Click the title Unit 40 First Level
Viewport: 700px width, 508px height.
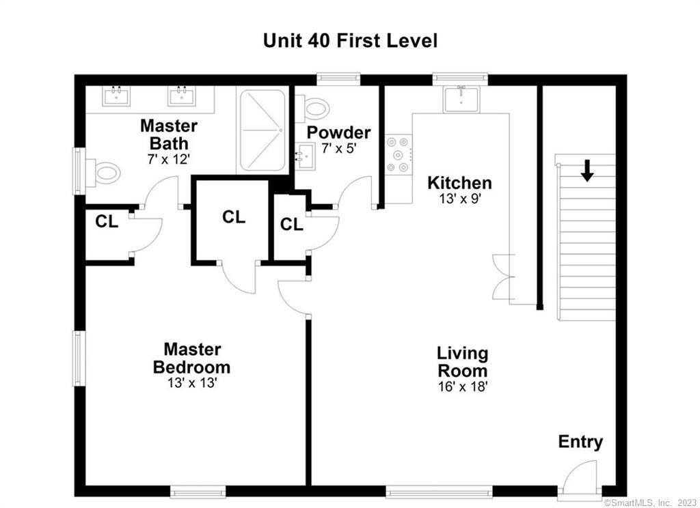[350, 40]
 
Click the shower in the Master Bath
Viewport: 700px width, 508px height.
[262, 130]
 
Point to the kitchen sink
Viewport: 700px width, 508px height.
[461, 100]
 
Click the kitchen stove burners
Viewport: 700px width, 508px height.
[398, 155]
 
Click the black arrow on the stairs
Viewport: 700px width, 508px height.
[587, 171]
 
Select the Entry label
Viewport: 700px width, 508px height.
[580, 442]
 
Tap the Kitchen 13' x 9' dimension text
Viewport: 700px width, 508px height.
[459, 199]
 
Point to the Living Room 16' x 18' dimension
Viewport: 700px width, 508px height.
[463, 386]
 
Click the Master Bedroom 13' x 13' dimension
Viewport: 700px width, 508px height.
[192, 382]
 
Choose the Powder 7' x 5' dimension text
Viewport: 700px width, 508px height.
[339, 147]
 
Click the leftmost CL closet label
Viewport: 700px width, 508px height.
[107, 221]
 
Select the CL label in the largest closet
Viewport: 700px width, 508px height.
[234, 217]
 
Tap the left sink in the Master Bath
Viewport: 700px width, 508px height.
[116, 96]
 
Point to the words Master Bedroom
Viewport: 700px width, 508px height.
[192, 358]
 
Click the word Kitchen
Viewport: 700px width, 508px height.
[459, 183]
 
